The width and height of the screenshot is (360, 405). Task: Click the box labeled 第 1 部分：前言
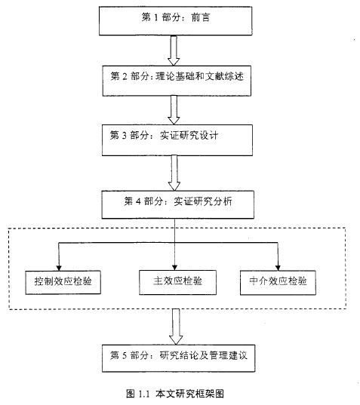tap(176, 21)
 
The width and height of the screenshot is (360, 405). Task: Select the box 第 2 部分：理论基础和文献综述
tap(177, 81)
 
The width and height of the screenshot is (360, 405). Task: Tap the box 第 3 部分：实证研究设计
tap(177, 140)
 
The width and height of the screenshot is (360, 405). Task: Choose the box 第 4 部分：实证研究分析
tap(178, 205)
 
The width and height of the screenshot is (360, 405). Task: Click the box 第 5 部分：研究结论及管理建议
tap(179, 358)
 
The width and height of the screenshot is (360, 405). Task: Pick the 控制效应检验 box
tap(63, 282)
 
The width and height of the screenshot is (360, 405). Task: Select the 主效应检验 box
tap(177, 282)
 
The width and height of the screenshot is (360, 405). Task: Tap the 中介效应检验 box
tap(278, 283)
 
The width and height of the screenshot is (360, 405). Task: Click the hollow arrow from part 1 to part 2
tap(174, 51)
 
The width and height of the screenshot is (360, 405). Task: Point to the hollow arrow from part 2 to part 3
tap(174, 110)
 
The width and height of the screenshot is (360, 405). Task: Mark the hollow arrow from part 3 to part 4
tap(174, 173)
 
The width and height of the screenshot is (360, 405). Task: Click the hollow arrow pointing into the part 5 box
tap(176, 327)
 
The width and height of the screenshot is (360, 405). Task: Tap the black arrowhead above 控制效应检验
tap(59, 268)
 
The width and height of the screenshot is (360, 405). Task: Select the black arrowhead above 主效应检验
tap(174, 267)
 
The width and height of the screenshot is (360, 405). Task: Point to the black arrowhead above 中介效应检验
tap(278, 268)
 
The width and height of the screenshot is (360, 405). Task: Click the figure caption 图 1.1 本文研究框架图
tap(175, 394)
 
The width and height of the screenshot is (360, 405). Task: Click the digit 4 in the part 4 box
tap(138, 201)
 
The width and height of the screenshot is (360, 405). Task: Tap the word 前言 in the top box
tap(201, 17)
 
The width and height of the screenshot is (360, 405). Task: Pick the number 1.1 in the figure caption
tap(144, 394)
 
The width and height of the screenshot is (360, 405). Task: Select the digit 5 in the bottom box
tap(125, 356)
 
